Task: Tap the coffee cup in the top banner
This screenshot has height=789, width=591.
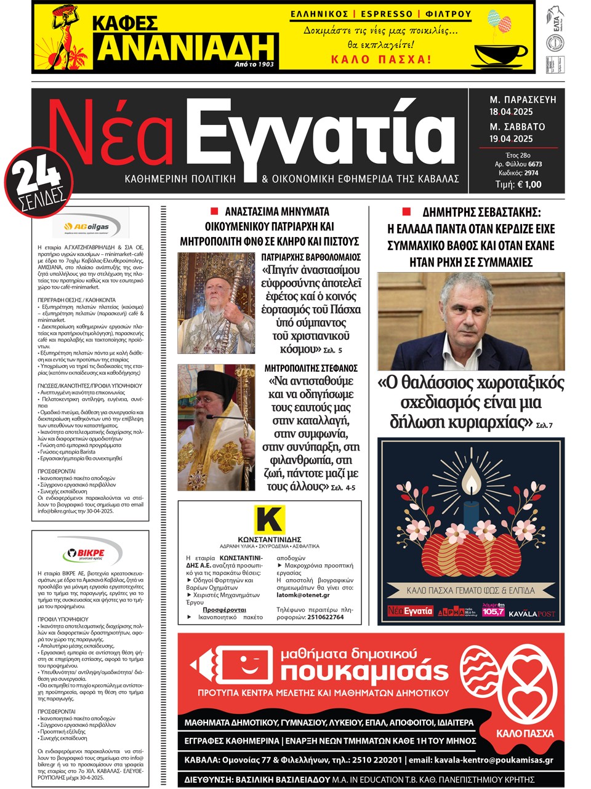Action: pos(500,55)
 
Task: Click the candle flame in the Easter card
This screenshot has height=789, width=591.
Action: pos(471,481)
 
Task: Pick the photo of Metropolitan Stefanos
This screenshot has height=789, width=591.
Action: pos(215,427)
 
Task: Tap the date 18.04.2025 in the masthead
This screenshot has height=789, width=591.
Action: pos(511,112)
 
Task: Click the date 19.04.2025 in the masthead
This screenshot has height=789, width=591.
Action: pos(511,139)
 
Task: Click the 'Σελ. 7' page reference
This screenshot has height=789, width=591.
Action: pos(545,425)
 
